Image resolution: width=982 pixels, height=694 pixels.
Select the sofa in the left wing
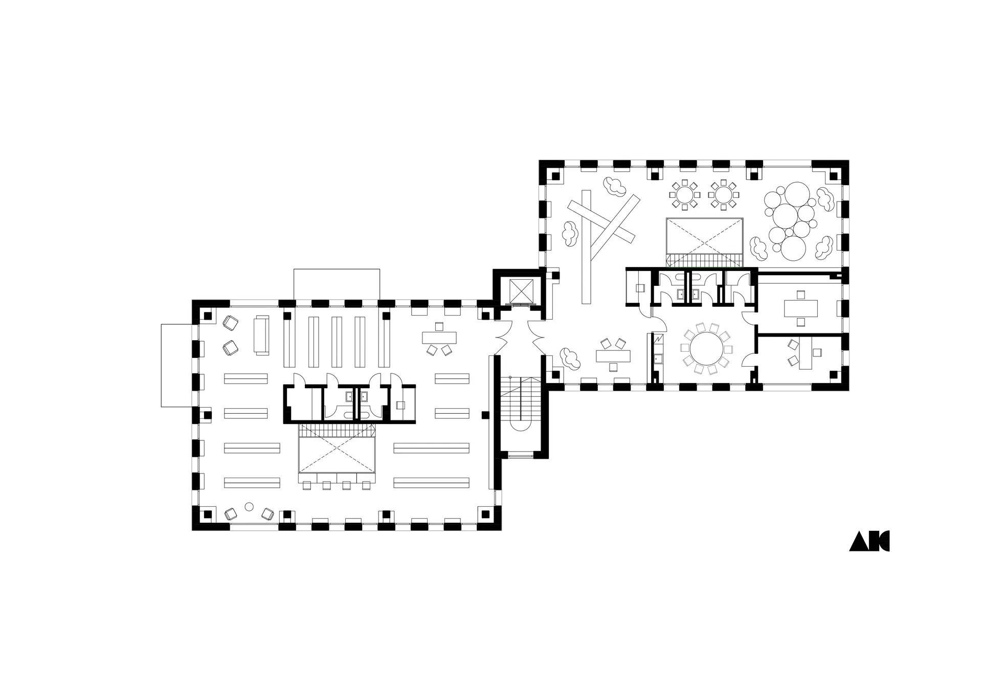(262, 335)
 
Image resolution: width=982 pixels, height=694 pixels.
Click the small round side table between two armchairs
(249, 507)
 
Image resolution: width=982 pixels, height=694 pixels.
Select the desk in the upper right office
(801, 308)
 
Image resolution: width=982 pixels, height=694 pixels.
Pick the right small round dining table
(723, 194)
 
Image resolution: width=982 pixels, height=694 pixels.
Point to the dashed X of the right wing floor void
(704, 236)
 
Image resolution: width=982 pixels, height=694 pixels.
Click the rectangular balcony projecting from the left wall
(177, 366)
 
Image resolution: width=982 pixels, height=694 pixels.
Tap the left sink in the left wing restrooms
(349, 396)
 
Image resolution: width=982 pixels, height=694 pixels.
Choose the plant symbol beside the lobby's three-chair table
(570, 358)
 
